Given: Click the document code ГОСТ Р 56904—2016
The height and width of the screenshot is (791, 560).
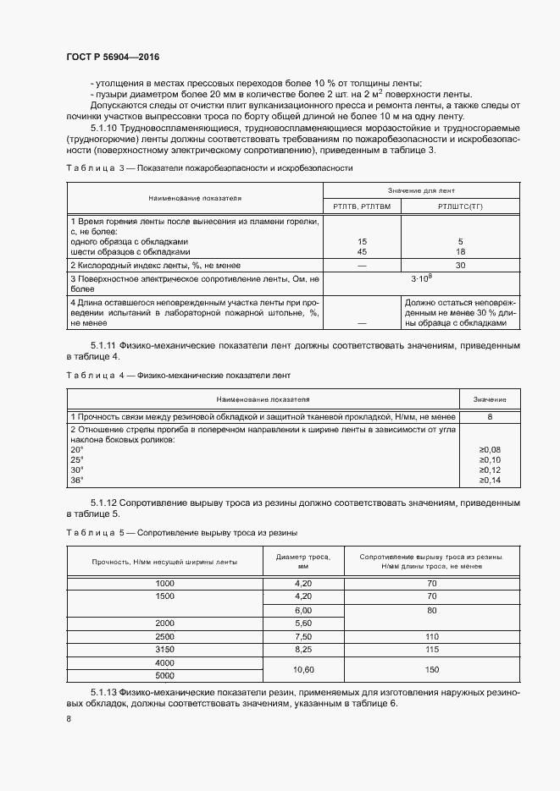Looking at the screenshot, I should tap(112, 57).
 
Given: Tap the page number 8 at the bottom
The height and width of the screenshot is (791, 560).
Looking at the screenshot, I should tap(69, 719).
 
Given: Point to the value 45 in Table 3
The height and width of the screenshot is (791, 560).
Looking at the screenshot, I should tap(362, 251).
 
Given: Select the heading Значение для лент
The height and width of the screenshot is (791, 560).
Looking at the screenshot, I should tap(421, 191).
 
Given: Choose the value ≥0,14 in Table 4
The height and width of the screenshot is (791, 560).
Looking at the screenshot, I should tap(490, 480).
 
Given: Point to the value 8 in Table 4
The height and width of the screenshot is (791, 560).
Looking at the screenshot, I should tap(490, 416).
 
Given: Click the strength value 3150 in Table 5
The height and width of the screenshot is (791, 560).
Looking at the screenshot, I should tap(164, 648).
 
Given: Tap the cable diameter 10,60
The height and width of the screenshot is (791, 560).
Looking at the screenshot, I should tap(303, 668).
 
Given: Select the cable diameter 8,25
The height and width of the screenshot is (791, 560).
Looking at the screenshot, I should tap(303, 648).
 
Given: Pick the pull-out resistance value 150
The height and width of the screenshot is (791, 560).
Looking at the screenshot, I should tap(431, 668).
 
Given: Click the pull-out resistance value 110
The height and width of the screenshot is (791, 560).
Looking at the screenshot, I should tap(431, 635).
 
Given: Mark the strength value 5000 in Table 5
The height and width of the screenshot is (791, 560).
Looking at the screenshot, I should tap(164, 675).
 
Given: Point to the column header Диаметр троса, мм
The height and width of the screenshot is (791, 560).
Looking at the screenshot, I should tap(303, 561).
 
